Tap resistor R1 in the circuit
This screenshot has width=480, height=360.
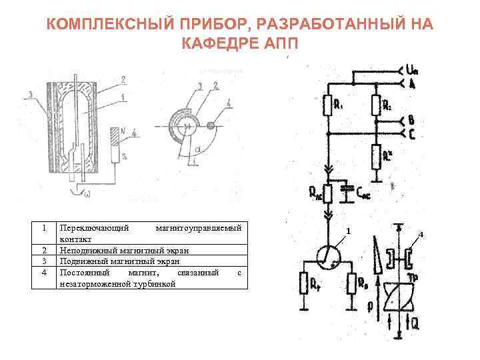pos(328,105)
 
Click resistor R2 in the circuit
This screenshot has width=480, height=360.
pos(376,105)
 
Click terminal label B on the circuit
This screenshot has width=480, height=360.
pos(411,120)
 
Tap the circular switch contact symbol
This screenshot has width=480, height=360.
pos(327,255)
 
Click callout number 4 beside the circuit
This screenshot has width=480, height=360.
pos(421,233)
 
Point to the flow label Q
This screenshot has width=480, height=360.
pos(415,327)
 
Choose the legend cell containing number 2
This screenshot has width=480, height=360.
pos(44,250)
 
